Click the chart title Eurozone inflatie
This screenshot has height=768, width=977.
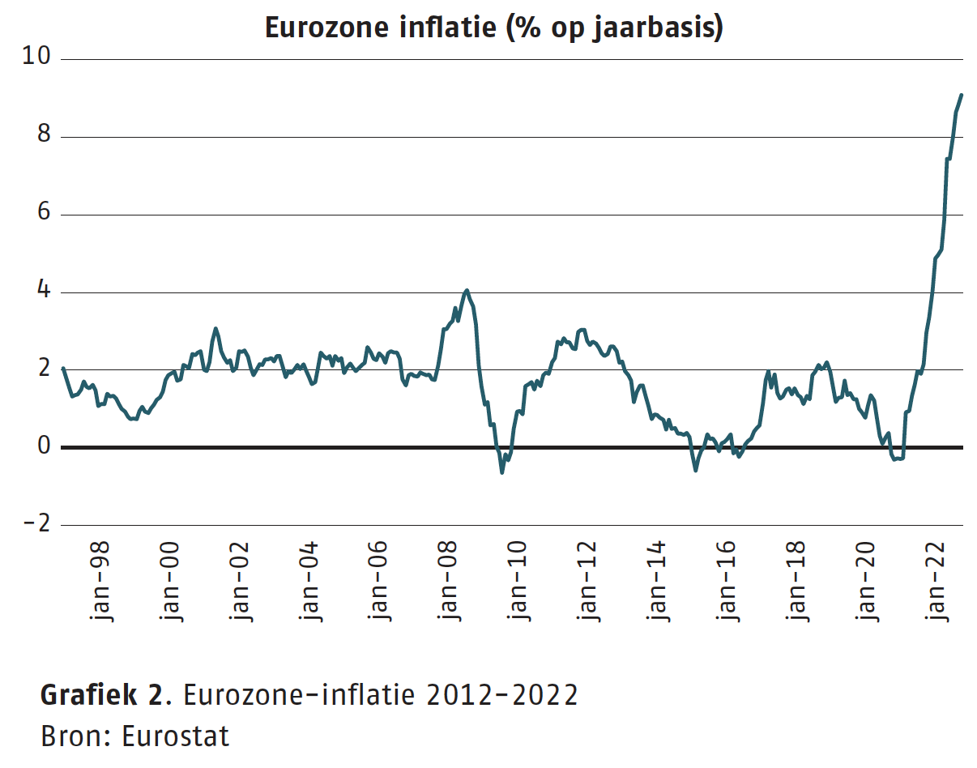click(x=493, y=28)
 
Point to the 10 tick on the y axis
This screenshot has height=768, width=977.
click(x=38, y=58)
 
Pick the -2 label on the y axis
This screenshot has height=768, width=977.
click(x=38, y=524)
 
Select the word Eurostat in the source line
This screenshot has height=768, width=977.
click(x=175, y=736)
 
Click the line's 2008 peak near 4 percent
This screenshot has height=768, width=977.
click(x=467, y=290)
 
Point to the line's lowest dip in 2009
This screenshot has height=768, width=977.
click(x=502, y=471)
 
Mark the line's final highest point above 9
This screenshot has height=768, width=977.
click(x=961, y=95)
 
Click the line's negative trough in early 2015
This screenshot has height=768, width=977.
click(x=695, y=470)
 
